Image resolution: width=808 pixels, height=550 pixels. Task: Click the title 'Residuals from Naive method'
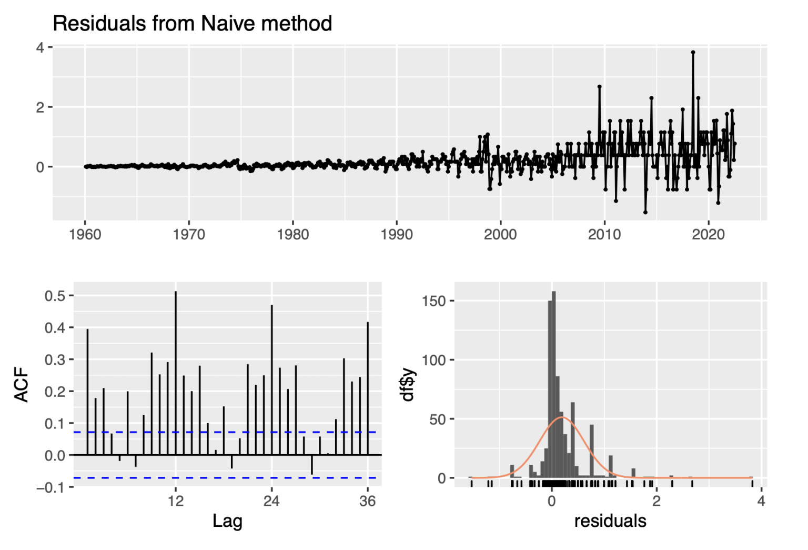(193, 24)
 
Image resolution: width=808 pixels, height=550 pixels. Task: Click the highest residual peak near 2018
(693, 52)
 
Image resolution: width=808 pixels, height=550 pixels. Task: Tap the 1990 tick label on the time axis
(397, 234)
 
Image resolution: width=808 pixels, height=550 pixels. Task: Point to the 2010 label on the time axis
(604, 234)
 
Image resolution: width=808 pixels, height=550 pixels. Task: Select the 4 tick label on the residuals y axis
(41, 47)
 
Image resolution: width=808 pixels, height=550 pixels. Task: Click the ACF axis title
(22, 386)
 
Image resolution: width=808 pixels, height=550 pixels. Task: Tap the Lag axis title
(227, 521)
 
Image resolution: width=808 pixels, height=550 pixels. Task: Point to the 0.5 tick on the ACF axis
(55, 296)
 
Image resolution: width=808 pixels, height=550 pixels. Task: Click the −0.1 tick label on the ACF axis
(50, 487)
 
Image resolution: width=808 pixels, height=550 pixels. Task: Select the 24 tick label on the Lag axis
(271, 501)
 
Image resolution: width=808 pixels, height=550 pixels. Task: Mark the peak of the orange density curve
(562, 417)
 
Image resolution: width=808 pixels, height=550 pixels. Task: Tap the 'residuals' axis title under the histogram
(610, 521)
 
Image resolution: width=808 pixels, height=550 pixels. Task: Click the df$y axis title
(409, 385)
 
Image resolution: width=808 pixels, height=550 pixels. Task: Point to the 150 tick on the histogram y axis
(433, 301)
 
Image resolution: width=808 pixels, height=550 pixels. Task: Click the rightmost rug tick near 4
(752, 483)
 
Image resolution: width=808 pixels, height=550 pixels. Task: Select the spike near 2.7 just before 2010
(599, 86)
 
